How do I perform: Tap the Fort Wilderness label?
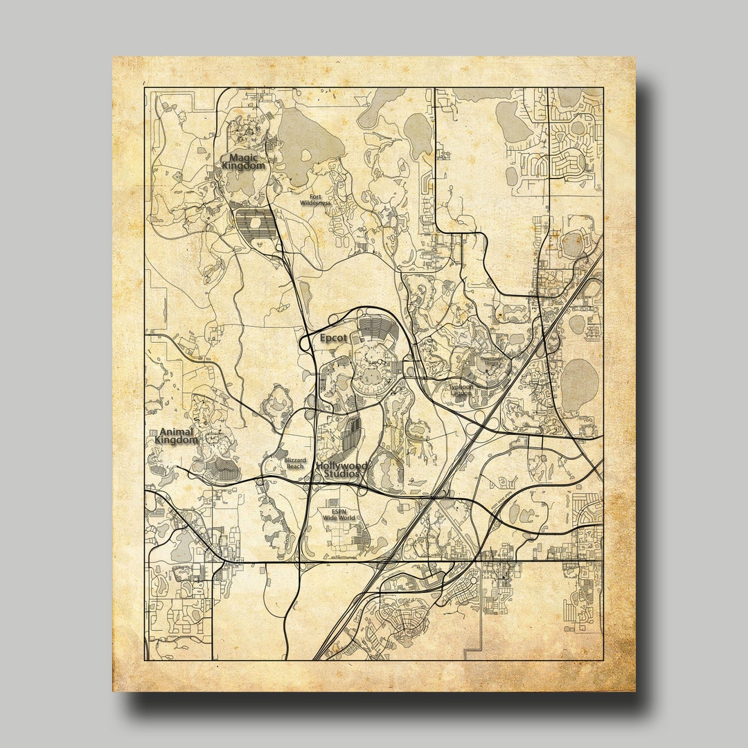coord(311,200)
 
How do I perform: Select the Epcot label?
coord(333,339)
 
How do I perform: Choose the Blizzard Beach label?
coord(294,463)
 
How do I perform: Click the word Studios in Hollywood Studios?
coord(341,474)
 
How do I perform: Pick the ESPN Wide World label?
coord(338,514)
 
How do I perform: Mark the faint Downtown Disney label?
coord(490,360)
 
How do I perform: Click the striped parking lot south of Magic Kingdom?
coord(255,223)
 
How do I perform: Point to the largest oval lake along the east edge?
coord(578,380)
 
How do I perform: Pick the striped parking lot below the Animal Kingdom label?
coord(222,472)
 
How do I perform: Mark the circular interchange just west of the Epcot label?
coord(305,341)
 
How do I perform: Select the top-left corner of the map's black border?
coord(145,89)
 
